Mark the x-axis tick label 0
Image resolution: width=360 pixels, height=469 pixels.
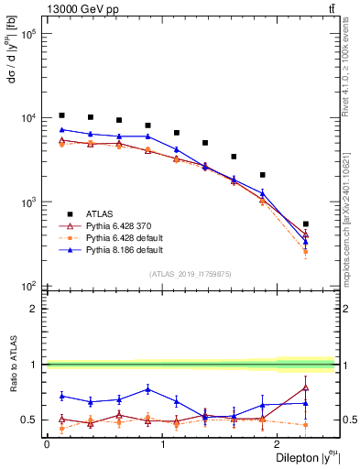[x=46, y=444]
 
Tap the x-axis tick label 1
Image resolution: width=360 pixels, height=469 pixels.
[x=162, y=444]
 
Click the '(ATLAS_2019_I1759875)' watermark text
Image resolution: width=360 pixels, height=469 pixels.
[x=191, y=274]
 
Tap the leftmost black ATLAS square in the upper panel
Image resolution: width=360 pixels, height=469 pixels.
[x=61, y=115]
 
